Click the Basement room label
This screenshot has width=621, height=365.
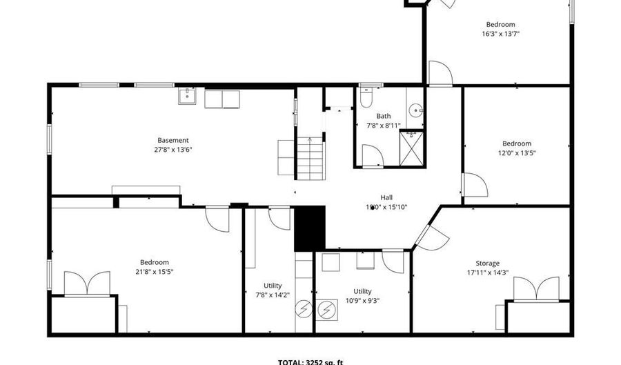pos(172,140)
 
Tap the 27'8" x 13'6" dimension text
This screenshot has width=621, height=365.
pos(172,149)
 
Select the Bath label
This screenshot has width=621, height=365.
pos(383,116)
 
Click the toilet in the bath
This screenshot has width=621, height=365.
pos(366,96)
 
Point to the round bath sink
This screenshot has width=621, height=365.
pos(415,110)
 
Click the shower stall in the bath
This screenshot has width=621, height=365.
pos(413,147)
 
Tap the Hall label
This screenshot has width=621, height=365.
pos(386,197)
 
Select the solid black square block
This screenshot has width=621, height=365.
pos(309,228)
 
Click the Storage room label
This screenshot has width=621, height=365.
pos(487,263)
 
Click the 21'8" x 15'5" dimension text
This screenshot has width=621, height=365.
pos(154,271)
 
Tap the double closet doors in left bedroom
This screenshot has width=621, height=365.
pos(87,283)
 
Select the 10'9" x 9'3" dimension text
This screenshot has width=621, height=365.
pos(362,300)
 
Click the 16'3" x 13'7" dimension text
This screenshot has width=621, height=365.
pos(500,33)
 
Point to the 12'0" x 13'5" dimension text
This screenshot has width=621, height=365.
pos(517,153)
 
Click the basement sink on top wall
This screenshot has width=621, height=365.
pos(187,96)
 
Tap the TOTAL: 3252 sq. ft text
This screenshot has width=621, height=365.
pos(310,361)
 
